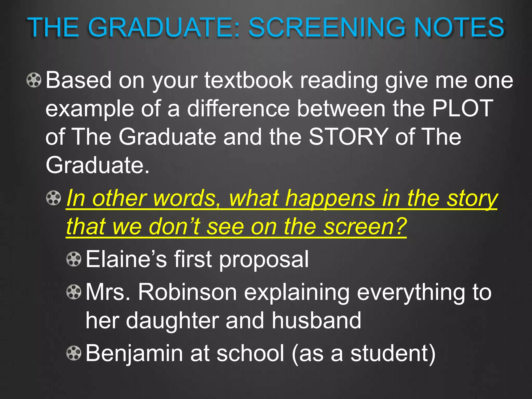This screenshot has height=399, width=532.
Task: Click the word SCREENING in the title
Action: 328,28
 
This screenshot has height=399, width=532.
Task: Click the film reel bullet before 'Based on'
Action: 34,80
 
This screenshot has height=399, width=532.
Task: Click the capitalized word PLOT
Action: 463,109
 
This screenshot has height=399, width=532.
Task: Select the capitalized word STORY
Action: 348,137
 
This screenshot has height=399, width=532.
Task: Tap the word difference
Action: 238,109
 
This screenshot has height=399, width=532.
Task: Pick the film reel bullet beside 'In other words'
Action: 53,198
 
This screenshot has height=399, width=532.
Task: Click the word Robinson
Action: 188,292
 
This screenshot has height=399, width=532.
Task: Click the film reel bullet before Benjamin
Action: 74,353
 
